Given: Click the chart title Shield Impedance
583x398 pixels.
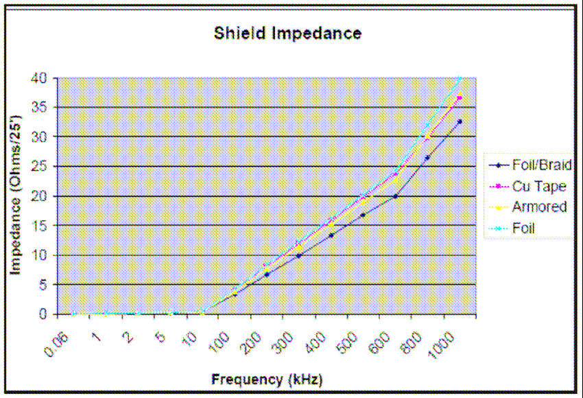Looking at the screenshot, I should [x=287, y=33].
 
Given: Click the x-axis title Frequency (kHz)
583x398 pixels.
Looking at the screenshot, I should [x=267, y=379].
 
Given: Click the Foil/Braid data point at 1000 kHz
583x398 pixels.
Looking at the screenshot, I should [x=460, y=121].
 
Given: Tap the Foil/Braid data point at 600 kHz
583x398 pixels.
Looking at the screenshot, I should [x=395, y=196].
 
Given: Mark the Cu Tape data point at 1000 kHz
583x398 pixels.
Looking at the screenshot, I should [x=460, y=97].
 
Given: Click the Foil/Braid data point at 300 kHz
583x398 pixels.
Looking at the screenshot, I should [x=298, y=256].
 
